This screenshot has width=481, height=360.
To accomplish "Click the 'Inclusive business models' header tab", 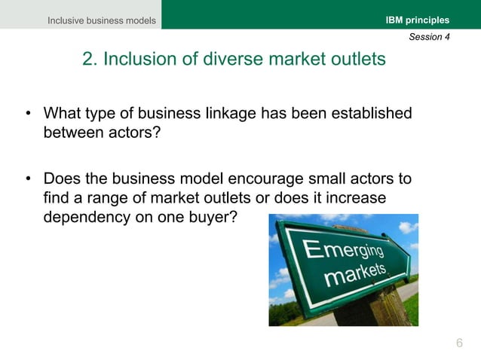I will coord(102,20).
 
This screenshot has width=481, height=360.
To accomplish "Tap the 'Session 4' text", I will coord(429,37).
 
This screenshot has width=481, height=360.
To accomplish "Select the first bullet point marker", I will coord(28,115).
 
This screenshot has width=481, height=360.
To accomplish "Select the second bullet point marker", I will coord(28,181).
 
